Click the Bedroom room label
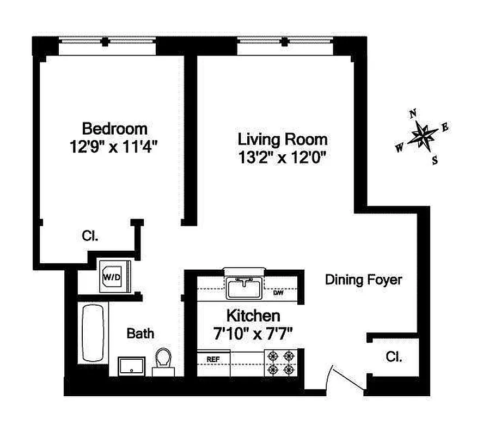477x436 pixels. [115, 129]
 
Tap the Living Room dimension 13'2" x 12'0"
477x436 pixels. [282, 158]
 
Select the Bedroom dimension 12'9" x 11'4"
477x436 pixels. [113, 147]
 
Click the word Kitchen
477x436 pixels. [253, 316]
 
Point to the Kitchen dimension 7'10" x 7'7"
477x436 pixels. [253, 334]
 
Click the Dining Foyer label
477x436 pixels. [364, 280]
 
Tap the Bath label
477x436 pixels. [140, 334]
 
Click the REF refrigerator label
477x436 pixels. [213, 359]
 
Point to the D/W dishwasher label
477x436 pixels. [278, 293]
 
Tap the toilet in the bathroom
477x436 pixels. [163, 361]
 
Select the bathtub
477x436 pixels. [93, 332]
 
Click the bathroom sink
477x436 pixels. [131, 366]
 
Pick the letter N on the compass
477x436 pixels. [413, 114]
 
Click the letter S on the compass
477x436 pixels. [435, 160]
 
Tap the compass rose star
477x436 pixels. [422, 136]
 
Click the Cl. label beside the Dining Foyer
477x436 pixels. [394, 356]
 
